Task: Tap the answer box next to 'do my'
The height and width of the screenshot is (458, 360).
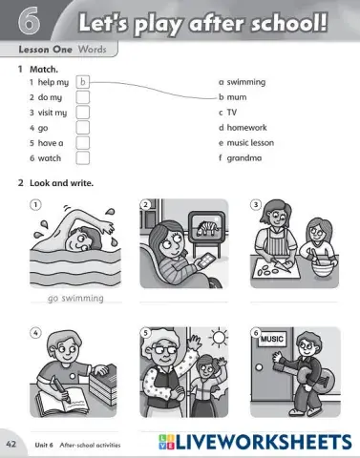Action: point(82,97)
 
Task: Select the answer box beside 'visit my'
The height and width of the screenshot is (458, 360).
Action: point(82,113)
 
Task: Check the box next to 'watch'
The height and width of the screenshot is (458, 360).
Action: point(82,157)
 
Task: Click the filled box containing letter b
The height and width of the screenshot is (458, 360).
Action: point(82,82)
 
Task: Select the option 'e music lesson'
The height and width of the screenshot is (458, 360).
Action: point(251,142)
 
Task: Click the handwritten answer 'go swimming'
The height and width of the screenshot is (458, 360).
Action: point(75,299)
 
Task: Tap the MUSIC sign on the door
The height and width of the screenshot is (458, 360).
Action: point(273,339)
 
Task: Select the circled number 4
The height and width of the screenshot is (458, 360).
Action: point(35,333)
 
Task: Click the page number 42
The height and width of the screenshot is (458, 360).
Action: point(11,445)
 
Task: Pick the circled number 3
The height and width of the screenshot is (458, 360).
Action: point(256,204)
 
